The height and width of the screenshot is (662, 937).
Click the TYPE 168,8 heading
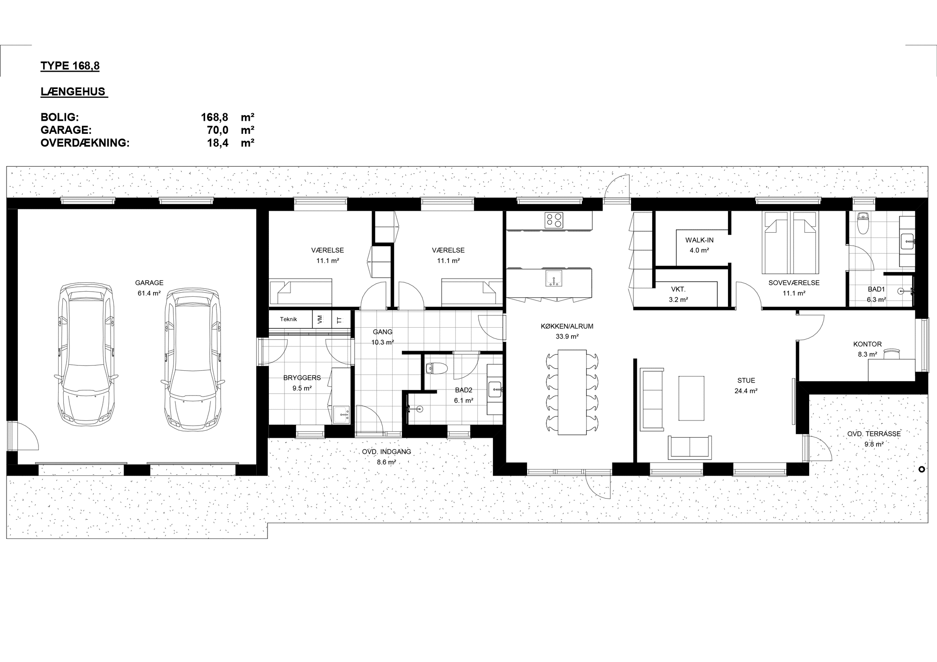(70, 66)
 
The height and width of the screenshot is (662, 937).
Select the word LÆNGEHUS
(73, 91)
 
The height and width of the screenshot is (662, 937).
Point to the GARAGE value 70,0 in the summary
(218, 130)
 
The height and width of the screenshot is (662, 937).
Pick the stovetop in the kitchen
(554, 220)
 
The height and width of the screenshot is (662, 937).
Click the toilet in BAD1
(862, 223)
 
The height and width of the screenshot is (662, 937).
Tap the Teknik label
(289, 319)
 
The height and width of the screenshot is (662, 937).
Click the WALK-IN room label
(699, 240)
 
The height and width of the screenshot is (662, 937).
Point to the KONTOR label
(868, 344)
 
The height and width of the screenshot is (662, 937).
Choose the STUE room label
(746, 381)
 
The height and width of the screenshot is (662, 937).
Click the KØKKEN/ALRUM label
(567, 326)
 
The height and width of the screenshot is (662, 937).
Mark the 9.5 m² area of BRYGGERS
(302, 388)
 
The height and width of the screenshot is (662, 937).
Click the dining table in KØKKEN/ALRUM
(572, 392)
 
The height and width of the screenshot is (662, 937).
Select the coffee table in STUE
(691, 398)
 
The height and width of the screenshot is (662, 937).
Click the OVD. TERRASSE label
(874, 434)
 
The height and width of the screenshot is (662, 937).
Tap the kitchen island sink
(554, 278)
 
